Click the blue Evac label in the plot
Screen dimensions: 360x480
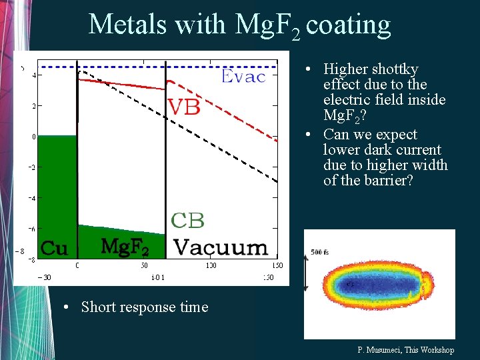[x=243, y=77]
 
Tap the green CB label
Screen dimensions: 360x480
[x=188, y=220]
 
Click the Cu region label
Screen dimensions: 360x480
[x=54, y=249]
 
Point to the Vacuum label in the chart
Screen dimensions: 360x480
[x=221, y=247]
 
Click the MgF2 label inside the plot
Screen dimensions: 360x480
[x=124, y=247]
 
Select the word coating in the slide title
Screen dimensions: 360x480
[x=349, y=25]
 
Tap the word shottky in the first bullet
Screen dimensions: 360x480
[x=393, y=69]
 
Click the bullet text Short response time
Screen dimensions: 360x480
[x=144, y=307]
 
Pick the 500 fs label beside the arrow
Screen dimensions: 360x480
[x=319, y=252]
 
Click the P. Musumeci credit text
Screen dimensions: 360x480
[x=405, y=350]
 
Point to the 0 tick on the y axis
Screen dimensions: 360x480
[x=33, y=137]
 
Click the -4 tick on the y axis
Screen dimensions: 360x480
[x=31, y=198]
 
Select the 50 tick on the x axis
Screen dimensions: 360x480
[x=144, y=265]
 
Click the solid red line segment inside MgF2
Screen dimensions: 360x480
[x=123, y=81]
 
